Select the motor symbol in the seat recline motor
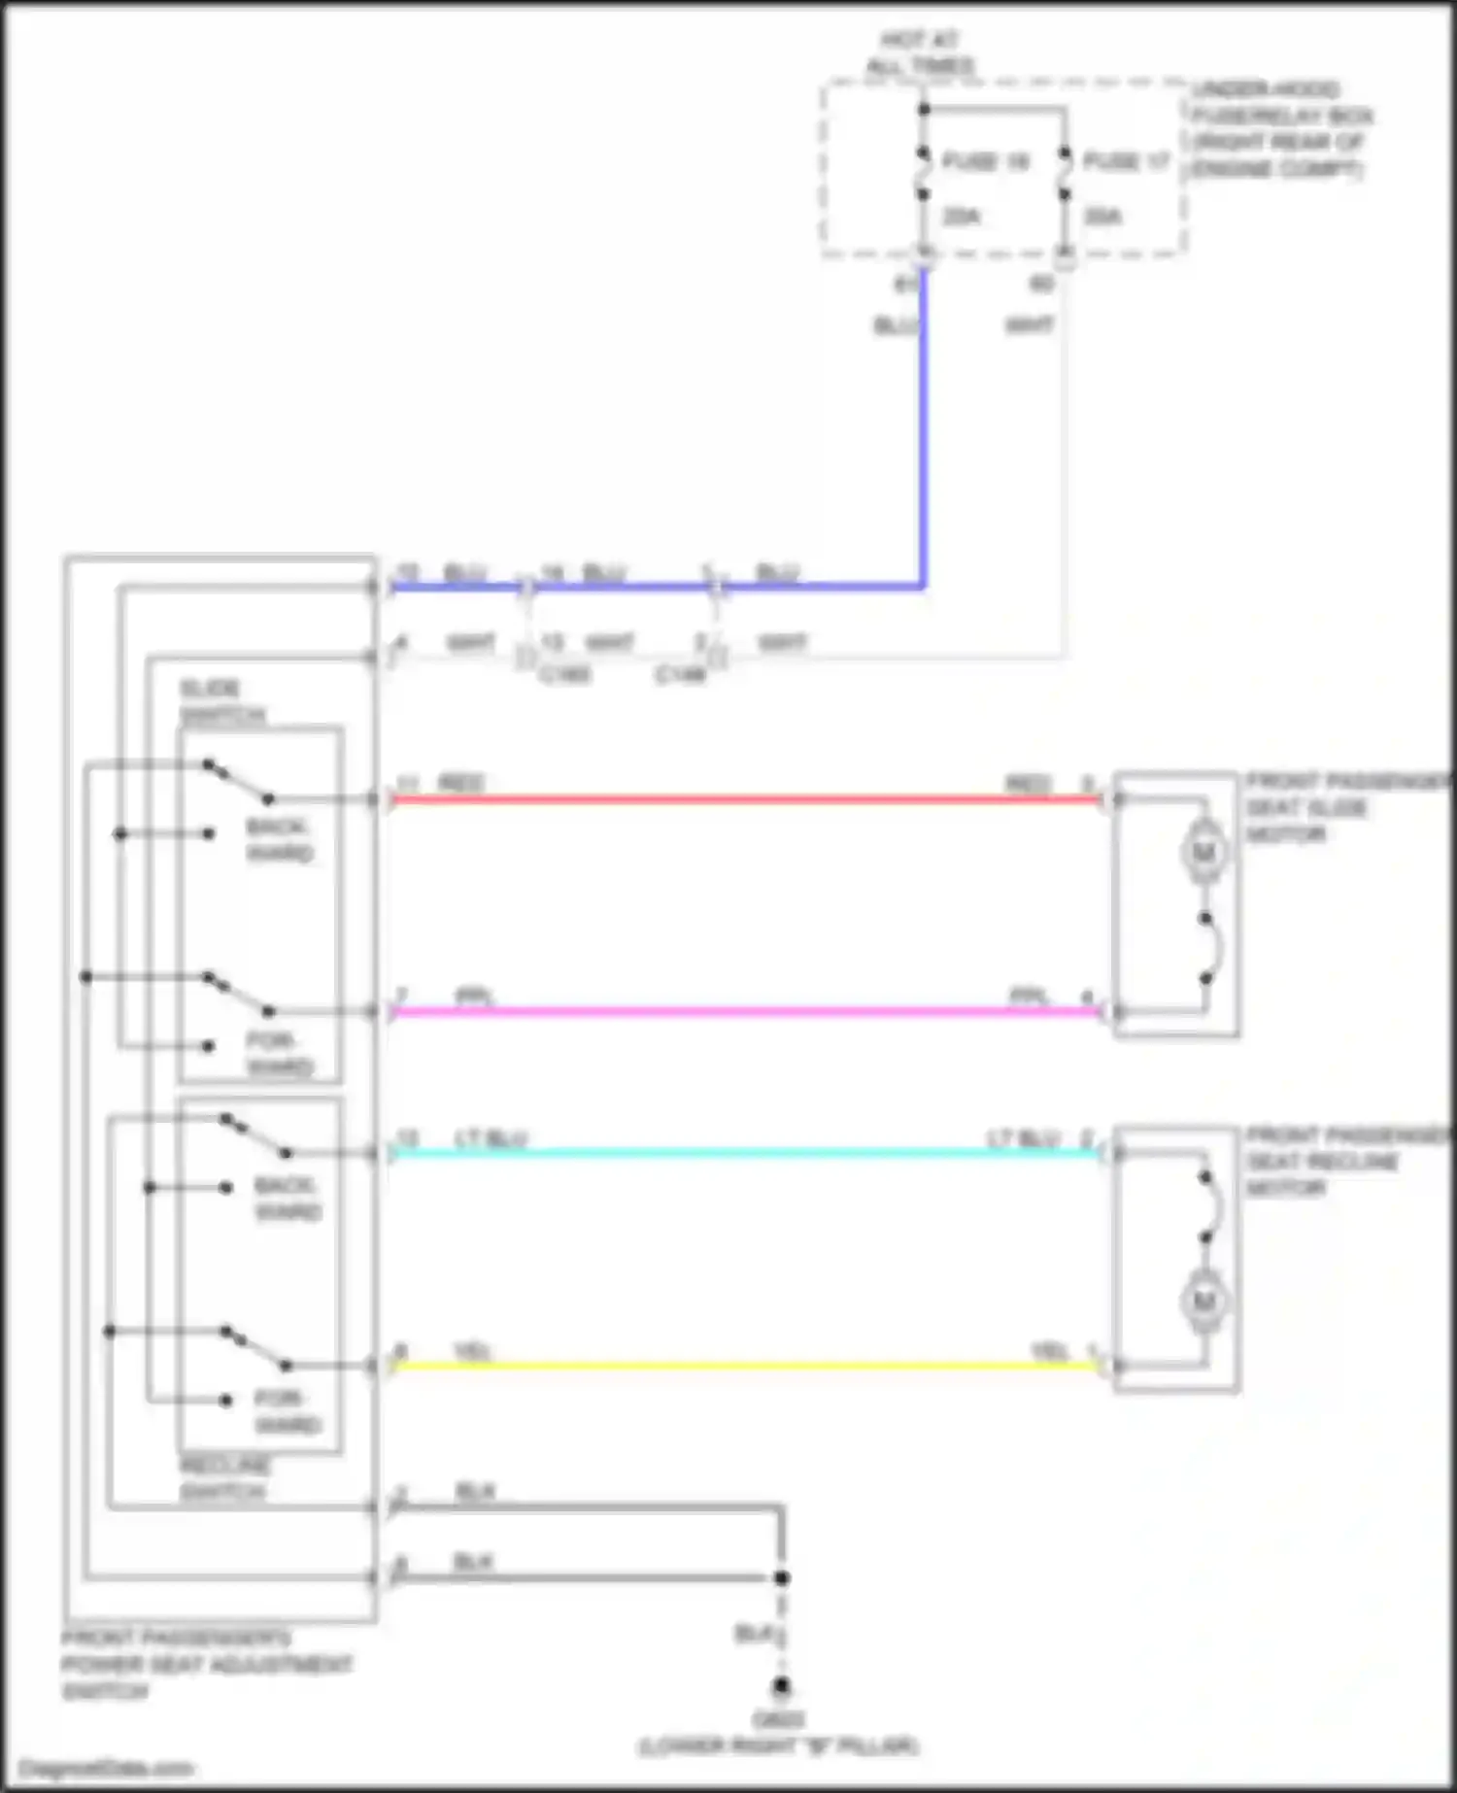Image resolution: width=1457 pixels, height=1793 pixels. click(1204, 1301)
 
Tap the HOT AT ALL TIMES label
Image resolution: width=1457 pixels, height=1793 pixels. click(919, 53)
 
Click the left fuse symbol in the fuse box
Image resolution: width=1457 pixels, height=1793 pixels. click(924, 173)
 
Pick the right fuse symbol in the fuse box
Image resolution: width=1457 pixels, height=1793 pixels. click(1065, 173)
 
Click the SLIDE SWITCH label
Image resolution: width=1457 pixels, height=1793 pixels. click(221, 702)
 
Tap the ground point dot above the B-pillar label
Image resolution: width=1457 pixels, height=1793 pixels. click(781, 1686)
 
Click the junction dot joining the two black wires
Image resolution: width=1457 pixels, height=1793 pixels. click(781, 1577)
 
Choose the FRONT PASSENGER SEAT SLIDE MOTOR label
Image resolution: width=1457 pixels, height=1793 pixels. click(1345, 808)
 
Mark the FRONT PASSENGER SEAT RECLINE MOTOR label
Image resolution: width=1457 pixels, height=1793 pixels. click(1345, 1162)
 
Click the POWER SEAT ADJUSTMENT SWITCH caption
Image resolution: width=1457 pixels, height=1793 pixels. click(206, 1665)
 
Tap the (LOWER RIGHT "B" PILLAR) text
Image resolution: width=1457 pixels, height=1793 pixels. click(778, 1746)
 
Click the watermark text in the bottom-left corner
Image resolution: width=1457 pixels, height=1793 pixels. click(105, 1768)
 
